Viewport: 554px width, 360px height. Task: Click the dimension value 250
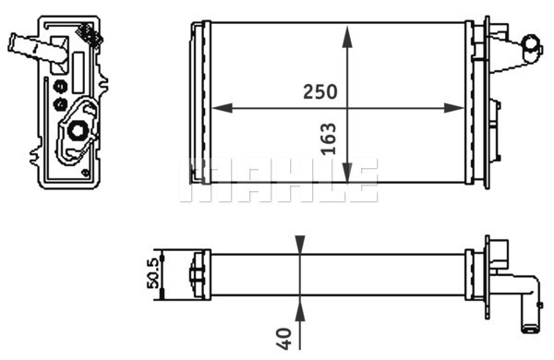tap(320, 92)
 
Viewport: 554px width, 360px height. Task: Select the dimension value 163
tap(329, 138)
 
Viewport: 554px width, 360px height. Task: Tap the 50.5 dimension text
tap(154, 273)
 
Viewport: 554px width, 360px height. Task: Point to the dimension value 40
tap(284, 339)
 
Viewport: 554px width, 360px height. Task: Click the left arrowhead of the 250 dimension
tap(223, 108)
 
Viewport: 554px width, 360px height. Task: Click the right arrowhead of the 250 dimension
tap(453, 108)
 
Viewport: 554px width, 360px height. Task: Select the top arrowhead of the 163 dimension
tap(348, 36)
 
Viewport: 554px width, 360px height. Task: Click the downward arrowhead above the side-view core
tap(299, 245)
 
